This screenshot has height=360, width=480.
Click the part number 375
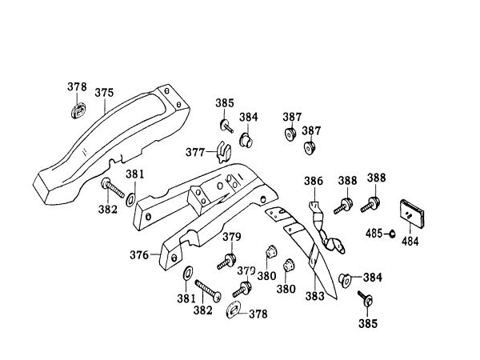[105, 92]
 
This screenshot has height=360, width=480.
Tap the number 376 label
[140, 255]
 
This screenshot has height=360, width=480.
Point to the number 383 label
[315, 295]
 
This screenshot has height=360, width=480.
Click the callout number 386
[314, 182]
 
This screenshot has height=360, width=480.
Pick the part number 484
[410, 239]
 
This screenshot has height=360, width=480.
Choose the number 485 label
[374, 234]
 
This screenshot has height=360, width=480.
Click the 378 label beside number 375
[77, 87]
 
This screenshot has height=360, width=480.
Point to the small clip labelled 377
[222, 150]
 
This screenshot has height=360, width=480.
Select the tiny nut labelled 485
[392, 233]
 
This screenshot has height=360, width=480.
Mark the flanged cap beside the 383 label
[346, 278]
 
